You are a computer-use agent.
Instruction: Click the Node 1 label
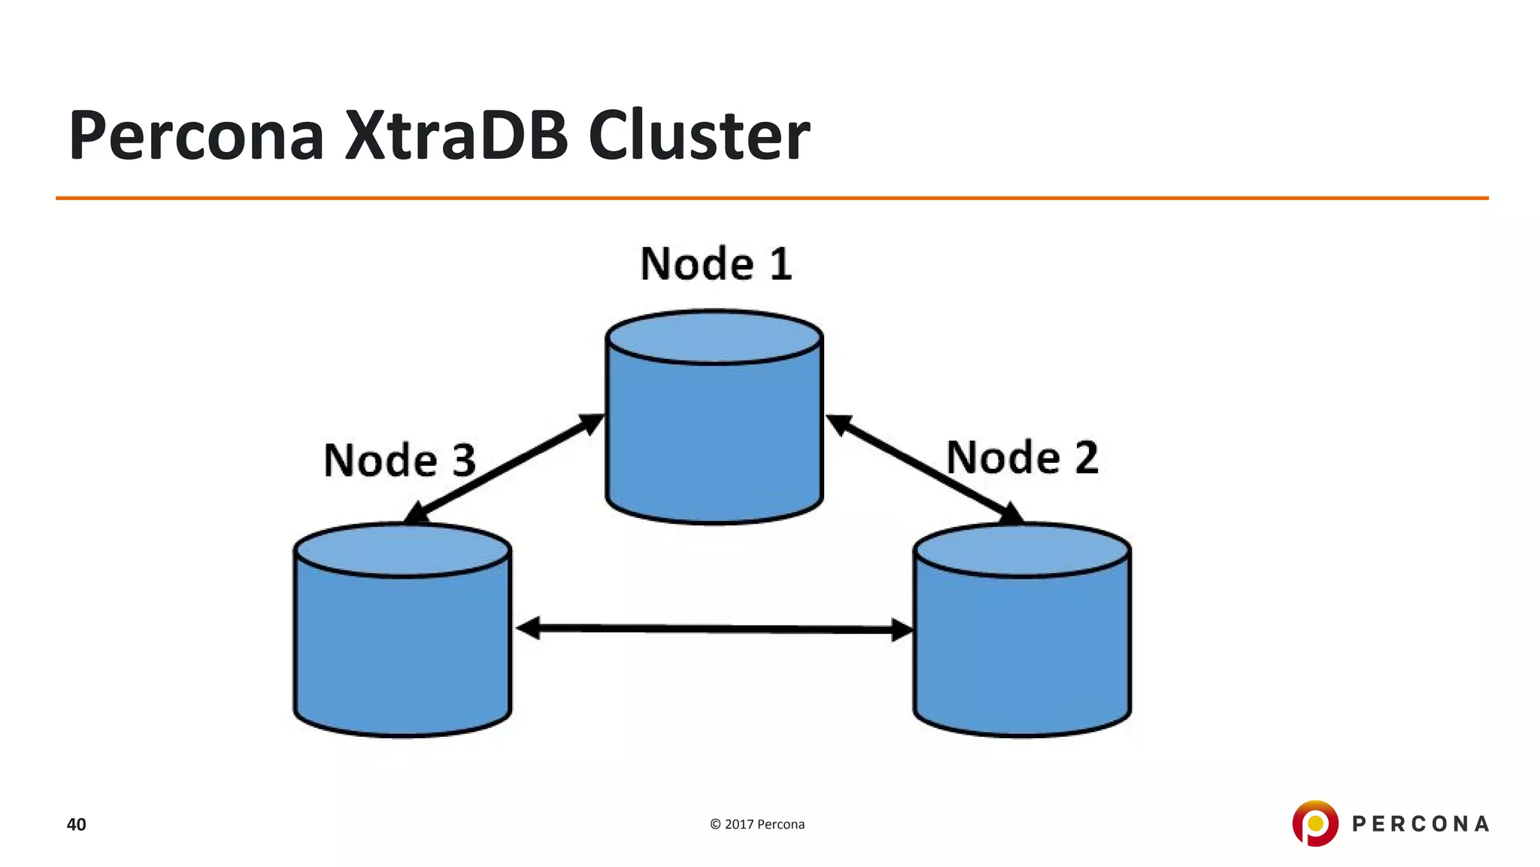pyautogui.click(x=715, y=264)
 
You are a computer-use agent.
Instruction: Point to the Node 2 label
pyautogui.click(x=1022, y=458)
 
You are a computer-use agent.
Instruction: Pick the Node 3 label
pyautogui.click(x=399, y=461)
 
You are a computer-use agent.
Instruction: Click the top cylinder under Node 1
pyautogui.click(x=714, y=437)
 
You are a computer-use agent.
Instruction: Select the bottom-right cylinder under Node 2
pyautogui.click(x=1022, y=647)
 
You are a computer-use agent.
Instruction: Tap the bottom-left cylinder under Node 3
pyautogui.click(x=402, y=647)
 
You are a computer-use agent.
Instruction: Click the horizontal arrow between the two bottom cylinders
pyautogui.click(x=714, y=628)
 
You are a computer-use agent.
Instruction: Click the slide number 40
pyautogui.click(x=76, y=825)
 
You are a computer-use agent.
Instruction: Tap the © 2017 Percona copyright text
pyautogui.click(x=757, y=824)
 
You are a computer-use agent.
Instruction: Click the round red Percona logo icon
pyautogui.click(x=1315, y=823)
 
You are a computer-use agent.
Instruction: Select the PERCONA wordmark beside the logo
pyautogui.click(x=1420, y=824)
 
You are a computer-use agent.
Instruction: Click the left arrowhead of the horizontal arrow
pyautogui.click(x=528, y=628)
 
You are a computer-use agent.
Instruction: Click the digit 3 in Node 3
pyautogui.click(x=463, y=461)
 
